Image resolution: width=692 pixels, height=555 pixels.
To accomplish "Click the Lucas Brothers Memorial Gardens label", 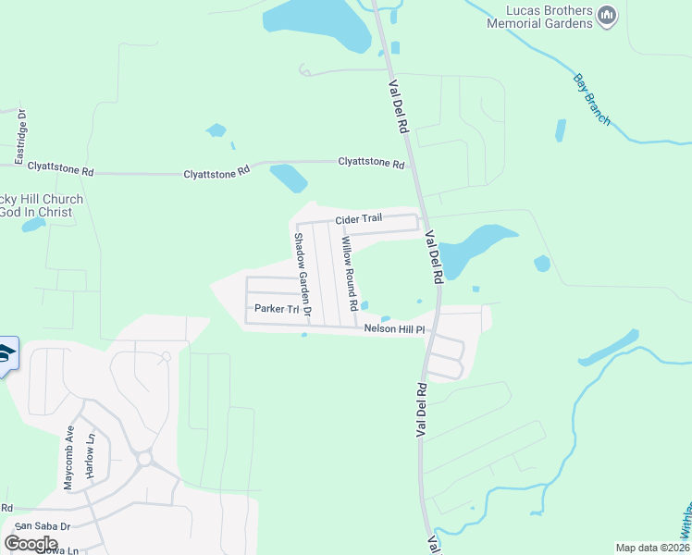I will point(539,17).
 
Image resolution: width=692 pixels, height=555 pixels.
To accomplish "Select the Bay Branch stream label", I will point(592,98).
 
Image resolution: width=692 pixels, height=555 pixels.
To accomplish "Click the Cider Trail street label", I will point(358,218).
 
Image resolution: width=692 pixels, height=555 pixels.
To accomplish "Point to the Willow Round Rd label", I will point(349,272).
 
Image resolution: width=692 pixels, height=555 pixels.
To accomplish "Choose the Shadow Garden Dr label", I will point(303,272).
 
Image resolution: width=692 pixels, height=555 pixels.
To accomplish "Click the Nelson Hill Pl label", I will point(394,328).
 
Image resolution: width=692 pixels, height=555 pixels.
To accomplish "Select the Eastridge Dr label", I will point(22,136).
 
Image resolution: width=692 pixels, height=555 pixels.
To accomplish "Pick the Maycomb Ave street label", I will point(68,457).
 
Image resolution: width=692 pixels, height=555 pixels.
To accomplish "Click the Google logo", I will point(31,543).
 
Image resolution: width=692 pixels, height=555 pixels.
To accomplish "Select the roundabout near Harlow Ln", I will point(144,458).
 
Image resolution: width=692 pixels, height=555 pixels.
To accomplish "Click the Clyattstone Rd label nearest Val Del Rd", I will point(371,164).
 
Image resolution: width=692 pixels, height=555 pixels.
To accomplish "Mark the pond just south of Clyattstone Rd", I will point(288,177).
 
